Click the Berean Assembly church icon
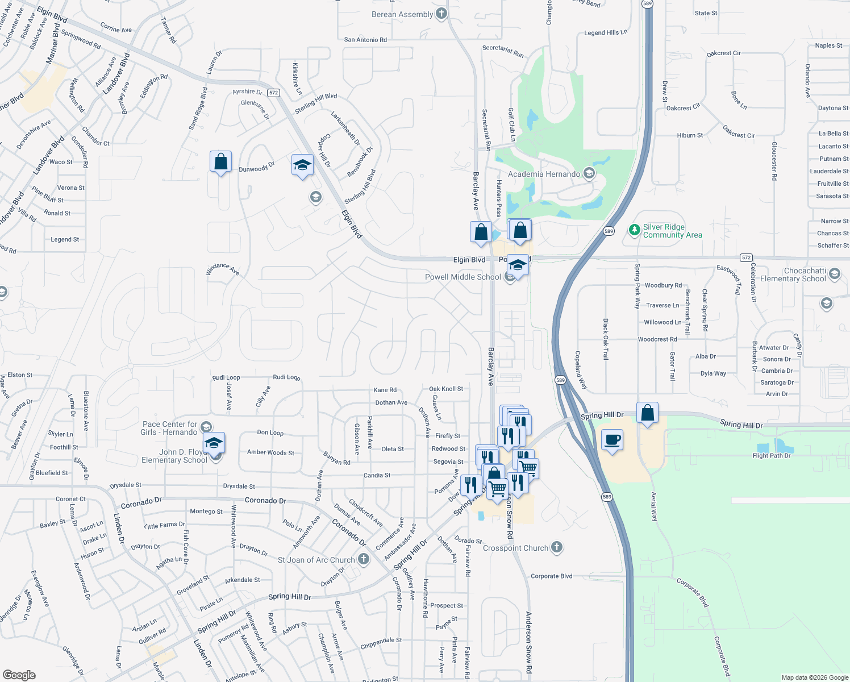click(441, 14)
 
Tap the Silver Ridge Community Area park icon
click(635, 230)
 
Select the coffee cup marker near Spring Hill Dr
click(612, 440)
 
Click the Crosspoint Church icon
click(557, 547)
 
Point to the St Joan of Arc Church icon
click(364, 559)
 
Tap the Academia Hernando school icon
click(589, 173)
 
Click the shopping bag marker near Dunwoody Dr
click(220, 162)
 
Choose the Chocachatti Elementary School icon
click(835, 274)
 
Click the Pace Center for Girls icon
click(206, 427)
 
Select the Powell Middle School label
click(463, 277)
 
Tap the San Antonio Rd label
click(365, 40)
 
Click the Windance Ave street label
click(222, 269)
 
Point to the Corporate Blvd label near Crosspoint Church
click(551, 576)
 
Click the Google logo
click(19, 675)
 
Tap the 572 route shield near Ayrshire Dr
click(274, 93)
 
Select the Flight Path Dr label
click(771, 456)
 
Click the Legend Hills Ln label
click(606, 32)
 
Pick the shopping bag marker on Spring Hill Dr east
click(647, 413)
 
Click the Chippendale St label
click(381, 643)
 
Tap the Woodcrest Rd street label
click(657, 339)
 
